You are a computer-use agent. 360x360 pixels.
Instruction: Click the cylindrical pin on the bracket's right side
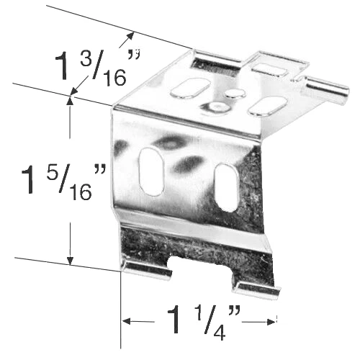(x=328, y=91)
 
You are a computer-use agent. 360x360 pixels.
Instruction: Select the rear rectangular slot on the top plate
(x=269, y=69)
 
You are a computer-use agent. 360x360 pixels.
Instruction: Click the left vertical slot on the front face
(x=151, y=171)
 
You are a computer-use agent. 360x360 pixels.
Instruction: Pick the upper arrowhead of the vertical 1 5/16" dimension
(x=70, y=102)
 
